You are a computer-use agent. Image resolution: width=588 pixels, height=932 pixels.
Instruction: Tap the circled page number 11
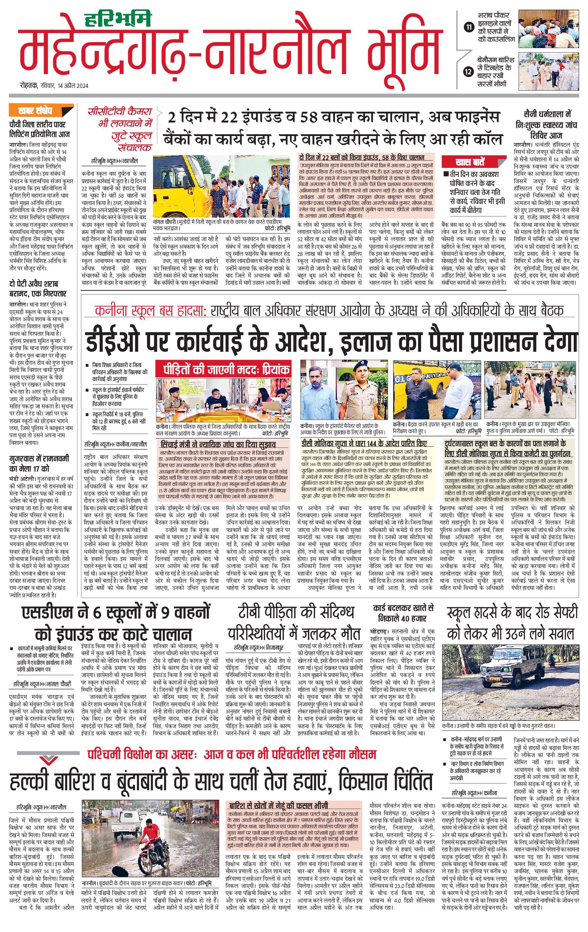click(469, 27)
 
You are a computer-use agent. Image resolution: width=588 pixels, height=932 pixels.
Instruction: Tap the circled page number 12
click(469, 71)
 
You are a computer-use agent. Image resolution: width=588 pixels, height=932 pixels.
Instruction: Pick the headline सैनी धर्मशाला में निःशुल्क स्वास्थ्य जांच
click(547, 125)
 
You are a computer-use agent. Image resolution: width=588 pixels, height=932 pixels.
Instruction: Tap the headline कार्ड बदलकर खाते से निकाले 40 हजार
click(403, 613)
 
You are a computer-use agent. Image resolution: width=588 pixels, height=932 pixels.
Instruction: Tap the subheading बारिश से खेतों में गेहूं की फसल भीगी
click(278, 794)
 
